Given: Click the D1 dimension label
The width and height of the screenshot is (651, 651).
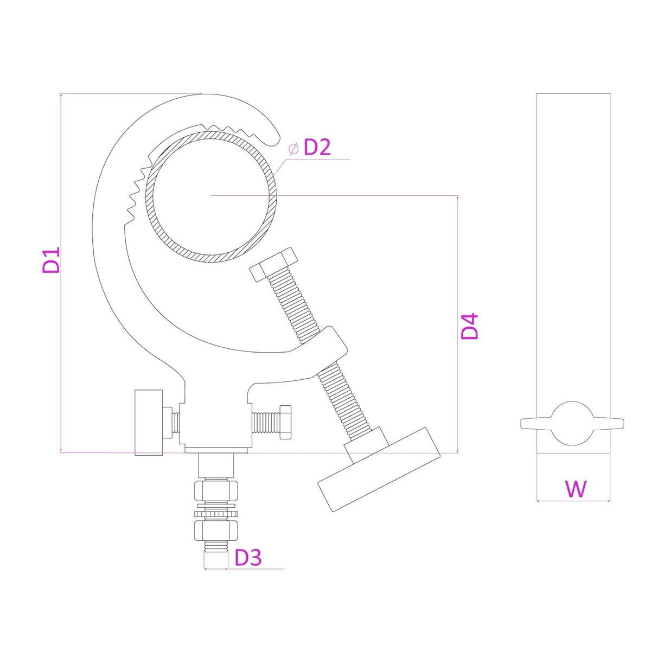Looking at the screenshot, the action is coord(52,260).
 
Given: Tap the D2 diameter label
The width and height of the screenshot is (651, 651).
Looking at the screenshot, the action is coord(317,148).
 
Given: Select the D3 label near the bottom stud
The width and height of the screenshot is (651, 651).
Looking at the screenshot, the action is coord(247,558).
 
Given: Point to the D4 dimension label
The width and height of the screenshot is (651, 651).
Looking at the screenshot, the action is coord(470,326).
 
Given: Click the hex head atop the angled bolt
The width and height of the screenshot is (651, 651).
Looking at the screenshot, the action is coord(273,264).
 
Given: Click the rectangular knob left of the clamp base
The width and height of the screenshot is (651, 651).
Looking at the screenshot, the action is coord(149,422).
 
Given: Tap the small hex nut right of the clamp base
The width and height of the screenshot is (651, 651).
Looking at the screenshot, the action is coord(286,422).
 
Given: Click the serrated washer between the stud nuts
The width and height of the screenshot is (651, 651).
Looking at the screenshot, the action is coord(216,514).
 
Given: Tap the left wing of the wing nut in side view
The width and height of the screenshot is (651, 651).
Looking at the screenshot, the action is coord(536,424).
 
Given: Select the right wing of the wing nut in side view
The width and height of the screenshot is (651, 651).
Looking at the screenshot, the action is coord(608,424).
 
